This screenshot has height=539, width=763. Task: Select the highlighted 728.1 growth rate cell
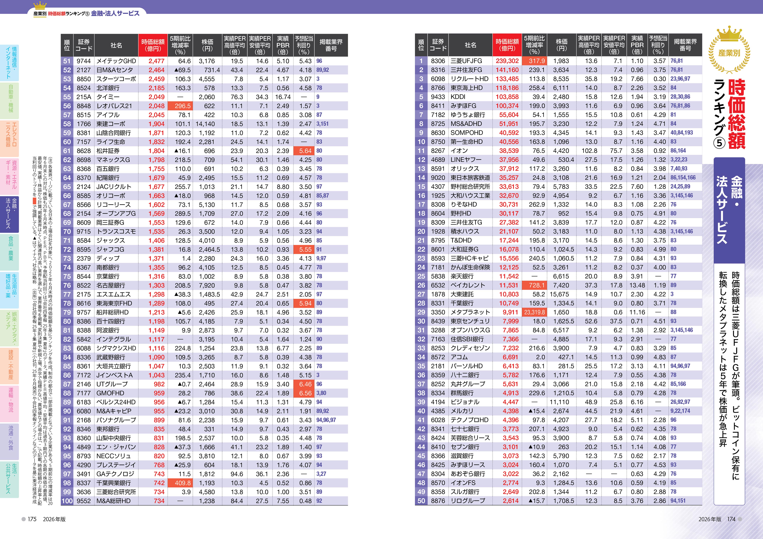pos(534,285)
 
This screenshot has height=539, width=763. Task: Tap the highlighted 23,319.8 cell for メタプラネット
pos(534,312)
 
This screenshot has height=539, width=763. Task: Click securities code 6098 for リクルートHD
pos(438,79)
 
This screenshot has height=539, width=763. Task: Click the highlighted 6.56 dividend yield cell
pos(304,393)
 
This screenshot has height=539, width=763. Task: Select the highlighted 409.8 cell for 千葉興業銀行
pos(180,483)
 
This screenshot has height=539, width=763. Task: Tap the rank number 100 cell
pos(67,501)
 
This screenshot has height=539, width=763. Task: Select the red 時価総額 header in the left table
pos(153,45)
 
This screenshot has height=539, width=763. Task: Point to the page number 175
pos(32,519)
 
